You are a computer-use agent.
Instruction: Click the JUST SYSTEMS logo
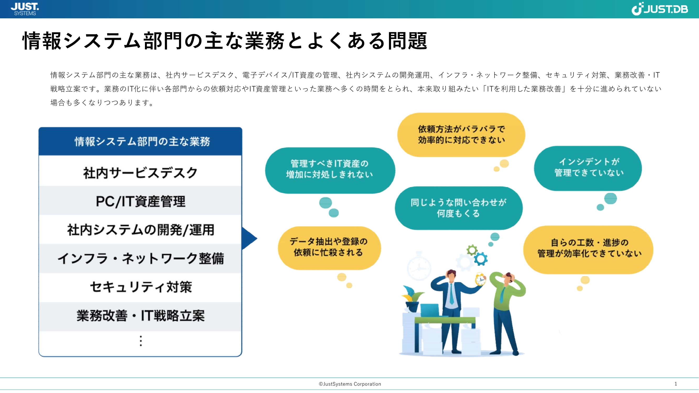[25, 9]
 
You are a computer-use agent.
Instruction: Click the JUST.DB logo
[660, 9]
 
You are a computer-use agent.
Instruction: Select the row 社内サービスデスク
[140, 173]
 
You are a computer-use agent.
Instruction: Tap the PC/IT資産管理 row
[140, 201]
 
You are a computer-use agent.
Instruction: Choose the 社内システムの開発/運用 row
[140, 230]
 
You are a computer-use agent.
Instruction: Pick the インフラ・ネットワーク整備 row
[140, 259]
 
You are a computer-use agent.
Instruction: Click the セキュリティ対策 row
[140, 287]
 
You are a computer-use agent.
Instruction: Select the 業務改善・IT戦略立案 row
[140, 316]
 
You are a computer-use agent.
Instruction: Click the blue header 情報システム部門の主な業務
[140, 141]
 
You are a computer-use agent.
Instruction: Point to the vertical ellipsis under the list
[140, 341]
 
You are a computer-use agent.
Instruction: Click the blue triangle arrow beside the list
[249, 238]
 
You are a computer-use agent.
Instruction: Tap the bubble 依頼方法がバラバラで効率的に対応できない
[461, 134]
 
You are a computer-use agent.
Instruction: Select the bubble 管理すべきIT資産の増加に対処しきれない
[330, 170]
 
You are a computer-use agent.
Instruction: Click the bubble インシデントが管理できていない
[588, 168]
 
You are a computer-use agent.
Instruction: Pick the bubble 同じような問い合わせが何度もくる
[459, 208]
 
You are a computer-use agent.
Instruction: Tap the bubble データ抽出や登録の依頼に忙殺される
[329, 248]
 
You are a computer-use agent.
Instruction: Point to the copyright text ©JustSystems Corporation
[350, 384]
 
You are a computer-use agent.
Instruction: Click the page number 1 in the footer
[676, 384]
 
